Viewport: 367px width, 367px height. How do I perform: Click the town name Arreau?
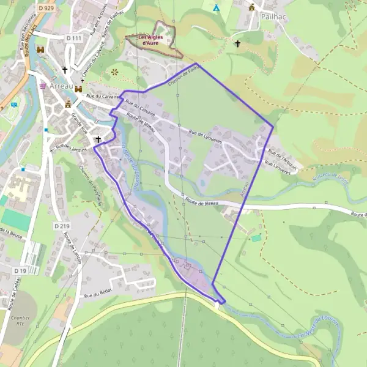(x=62, y=87)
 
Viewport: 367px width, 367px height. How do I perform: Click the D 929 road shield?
(x=46, y=7)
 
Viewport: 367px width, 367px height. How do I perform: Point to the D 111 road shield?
(x=73, y=38)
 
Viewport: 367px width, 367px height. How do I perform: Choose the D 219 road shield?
(x=61, y=226)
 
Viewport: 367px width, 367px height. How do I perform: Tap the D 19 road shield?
(x=20, y=270)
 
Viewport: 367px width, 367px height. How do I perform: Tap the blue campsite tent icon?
(x=216, y=8)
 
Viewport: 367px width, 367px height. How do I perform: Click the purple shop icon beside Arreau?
(x=42, y=86)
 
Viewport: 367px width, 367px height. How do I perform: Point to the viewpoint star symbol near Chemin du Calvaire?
(x=114, y=72)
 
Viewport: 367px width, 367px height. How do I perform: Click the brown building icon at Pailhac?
(x=252, y=7)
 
